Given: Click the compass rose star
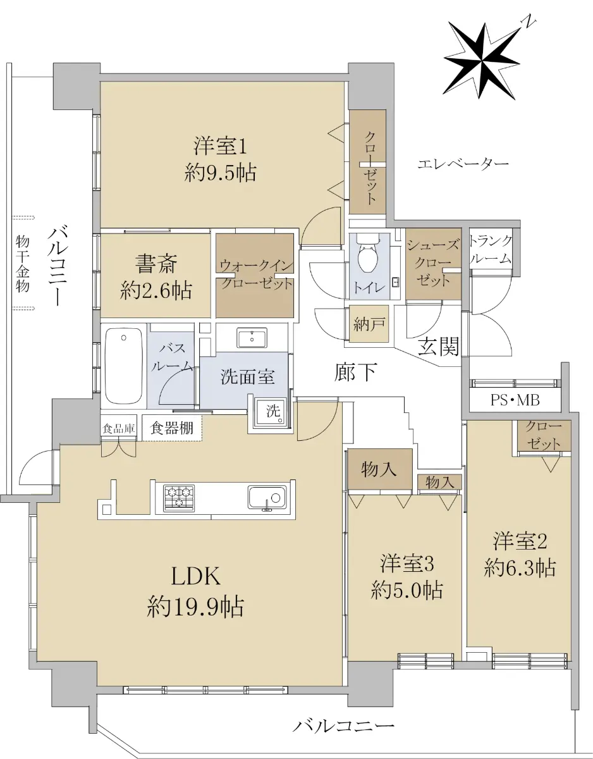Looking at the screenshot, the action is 483,61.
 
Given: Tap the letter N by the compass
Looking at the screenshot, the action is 530,22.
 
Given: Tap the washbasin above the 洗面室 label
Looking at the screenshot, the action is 252,338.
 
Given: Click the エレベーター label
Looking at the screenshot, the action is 463,163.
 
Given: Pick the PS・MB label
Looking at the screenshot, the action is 515,400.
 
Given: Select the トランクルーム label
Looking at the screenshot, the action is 491,250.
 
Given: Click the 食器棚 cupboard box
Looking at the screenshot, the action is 172,428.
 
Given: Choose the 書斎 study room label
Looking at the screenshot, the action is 156,264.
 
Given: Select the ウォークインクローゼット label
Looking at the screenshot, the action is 256,275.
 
